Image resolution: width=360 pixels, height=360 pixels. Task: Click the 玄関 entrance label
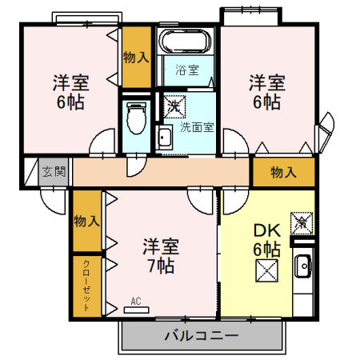pos(53,170)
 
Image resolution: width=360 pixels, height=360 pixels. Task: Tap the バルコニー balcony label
pos(201,335)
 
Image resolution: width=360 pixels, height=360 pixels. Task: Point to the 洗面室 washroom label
pos(194,126)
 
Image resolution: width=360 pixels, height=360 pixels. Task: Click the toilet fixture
pos(135,121)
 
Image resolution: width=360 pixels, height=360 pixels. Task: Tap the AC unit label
pos(135,302)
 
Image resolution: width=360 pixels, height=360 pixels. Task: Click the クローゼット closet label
pos(86,285)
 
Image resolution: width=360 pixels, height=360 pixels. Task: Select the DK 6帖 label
pos(266,238)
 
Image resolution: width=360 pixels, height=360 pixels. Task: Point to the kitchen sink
pos(303,265)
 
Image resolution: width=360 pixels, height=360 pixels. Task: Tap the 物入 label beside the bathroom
pos(135,57)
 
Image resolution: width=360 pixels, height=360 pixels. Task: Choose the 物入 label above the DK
pos(282,172)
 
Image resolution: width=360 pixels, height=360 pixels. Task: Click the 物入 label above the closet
pos(86,222)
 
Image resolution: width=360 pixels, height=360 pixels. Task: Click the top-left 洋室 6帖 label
pos(70,93)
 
